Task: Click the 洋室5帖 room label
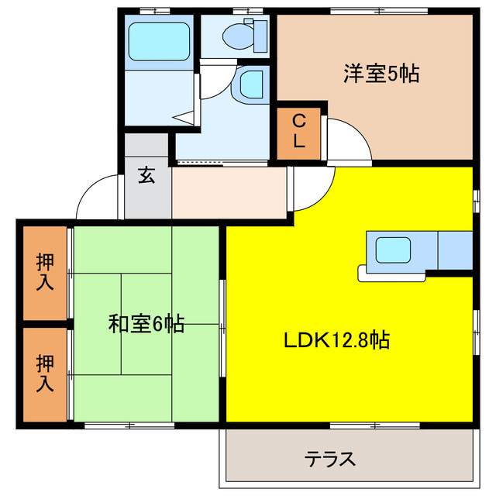tap(381, 74)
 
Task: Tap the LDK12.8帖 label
tap(336, 339)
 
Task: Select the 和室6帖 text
tap(146, 324)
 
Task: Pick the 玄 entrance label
tap(146, 175)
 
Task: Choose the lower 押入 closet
tap(45, 374)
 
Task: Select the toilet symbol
tap(248, 35)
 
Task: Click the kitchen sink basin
tap(393, 250)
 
